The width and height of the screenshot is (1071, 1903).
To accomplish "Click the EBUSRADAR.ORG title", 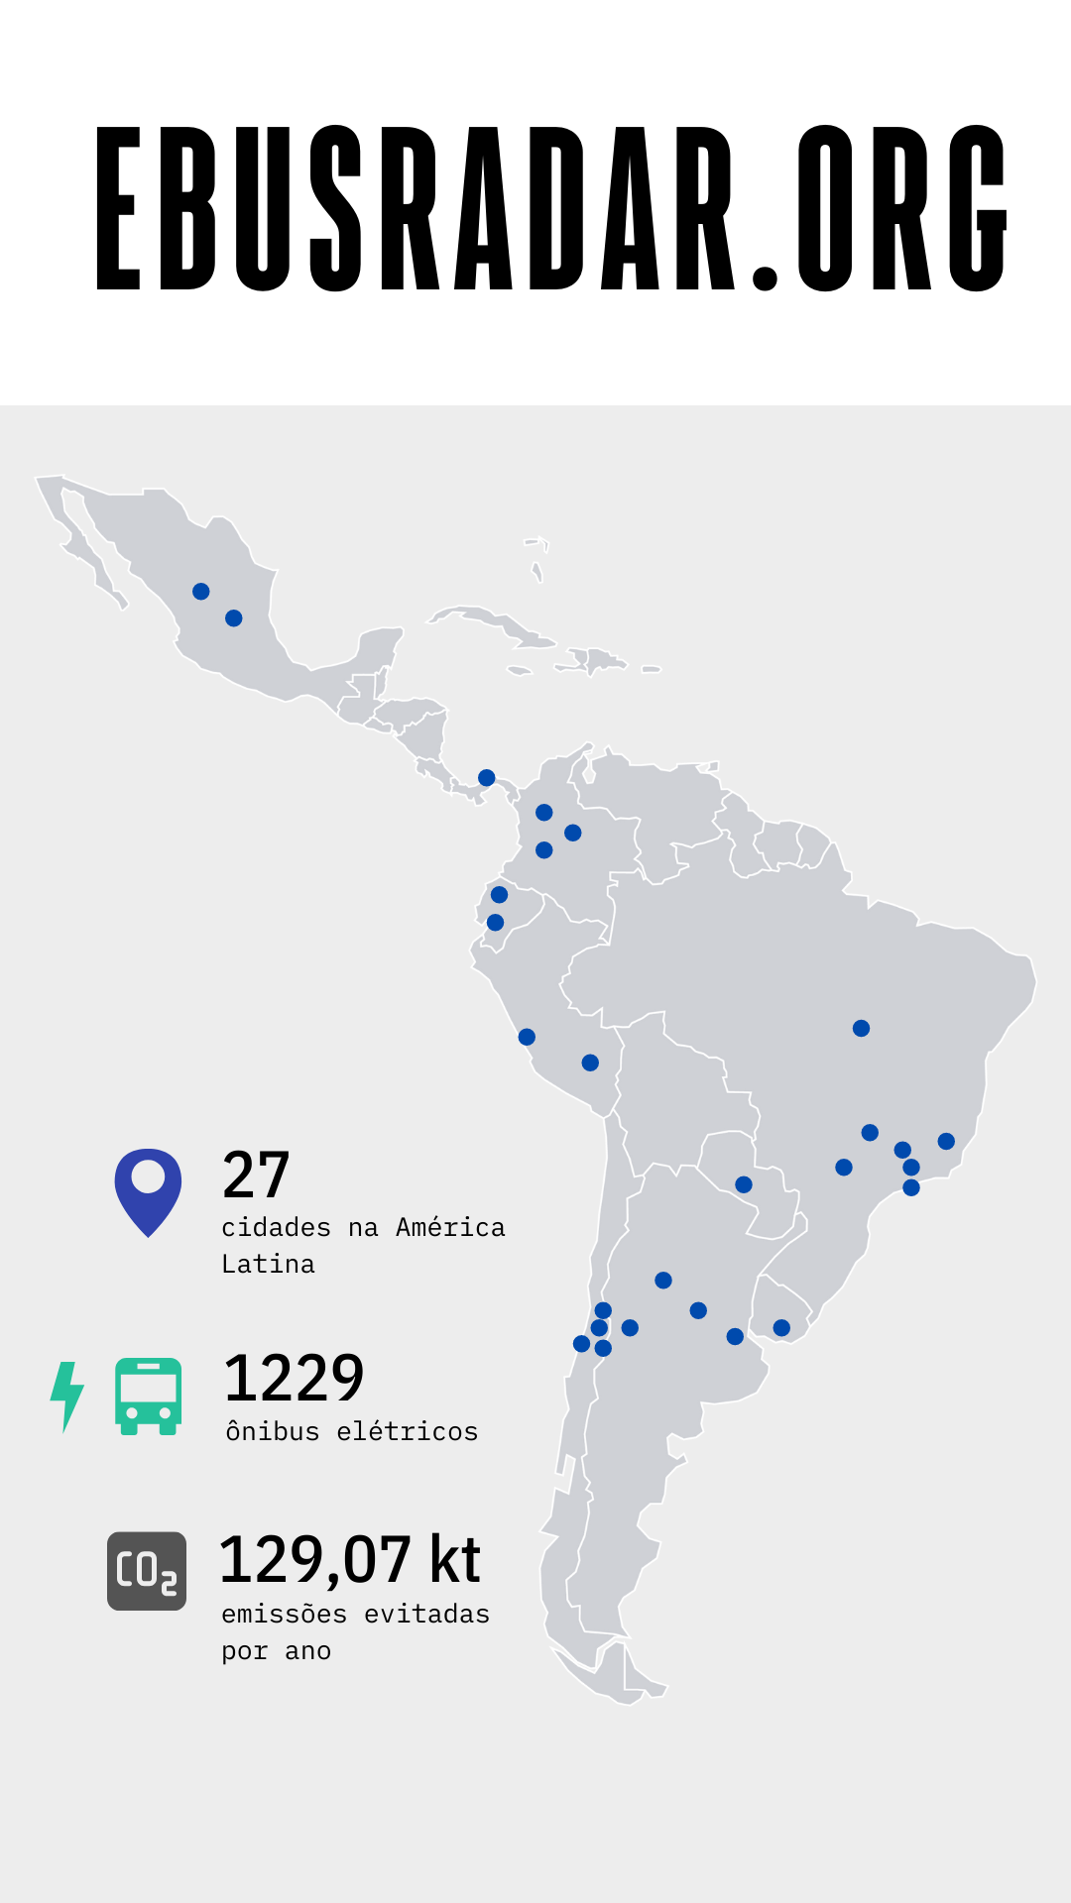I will point(551,208).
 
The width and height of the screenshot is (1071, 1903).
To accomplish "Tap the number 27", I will point(256,1175).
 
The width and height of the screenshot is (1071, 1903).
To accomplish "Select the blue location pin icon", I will point(148,1189).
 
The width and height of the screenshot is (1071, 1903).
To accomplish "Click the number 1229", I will point(295,1378).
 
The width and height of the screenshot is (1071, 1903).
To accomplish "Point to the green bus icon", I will point(149,1396).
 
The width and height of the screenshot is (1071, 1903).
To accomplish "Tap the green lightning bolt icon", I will point(66,1396).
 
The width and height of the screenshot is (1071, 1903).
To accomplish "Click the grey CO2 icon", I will point(147,1571).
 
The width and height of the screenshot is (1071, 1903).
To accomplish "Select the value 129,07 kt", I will point(349,1560).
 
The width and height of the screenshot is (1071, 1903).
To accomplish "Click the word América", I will point(450,1228).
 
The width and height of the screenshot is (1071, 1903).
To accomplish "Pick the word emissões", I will point(284,1615).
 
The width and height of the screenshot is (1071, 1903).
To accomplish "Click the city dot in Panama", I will point(486,778).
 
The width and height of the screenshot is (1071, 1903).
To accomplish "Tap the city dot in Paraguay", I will point(744,1184).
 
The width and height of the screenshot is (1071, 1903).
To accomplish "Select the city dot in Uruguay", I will point(781,1328).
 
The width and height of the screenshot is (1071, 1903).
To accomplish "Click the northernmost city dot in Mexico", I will point(200,592).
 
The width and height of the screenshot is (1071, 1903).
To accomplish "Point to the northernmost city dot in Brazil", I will point(861,1029).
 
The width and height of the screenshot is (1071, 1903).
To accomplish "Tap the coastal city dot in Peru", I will point(527,1038).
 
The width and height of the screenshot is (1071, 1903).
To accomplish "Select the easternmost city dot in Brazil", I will point(946,1142).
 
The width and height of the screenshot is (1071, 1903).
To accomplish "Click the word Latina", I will point(268,1265).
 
